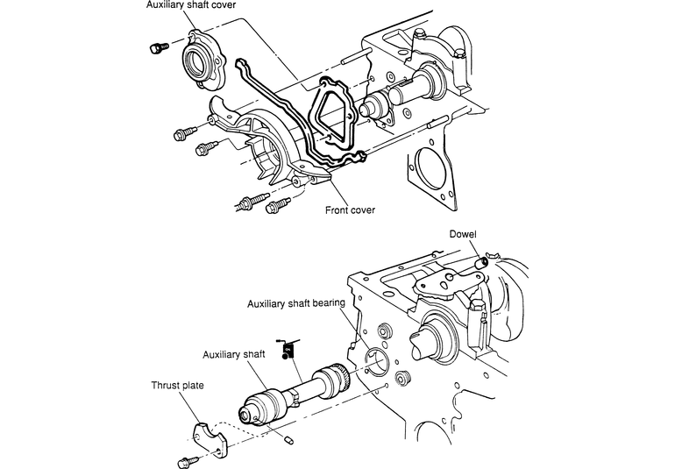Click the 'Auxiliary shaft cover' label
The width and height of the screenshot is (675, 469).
coord(191,5)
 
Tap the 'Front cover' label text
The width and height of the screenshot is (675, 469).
coord(350,210)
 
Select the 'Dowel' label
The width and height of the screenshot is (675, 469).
coord(463,234)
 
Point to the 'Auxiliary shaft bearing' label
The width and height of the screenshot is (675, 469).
coord(296,303)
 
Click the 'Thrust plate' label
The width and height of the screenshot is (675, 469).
coord(177,385)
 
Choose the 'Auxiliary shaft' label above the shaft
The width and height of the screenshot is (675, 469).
coord(234,354)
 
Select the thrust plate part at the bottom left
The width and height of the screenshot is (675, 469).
coord(210,438)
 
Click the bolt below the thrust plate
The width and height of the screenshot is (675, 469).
coord(188,462)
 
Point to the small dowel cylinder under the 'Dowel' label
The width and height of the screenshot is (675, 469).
coord(482,262)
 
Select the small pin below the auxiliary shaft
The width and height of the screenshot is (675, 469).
coord(289,440)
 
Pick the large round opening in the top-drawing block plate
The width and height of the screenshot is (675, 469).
coord(430,169)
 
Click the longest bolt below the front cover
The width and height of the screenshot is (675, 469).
coord(251,202)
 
